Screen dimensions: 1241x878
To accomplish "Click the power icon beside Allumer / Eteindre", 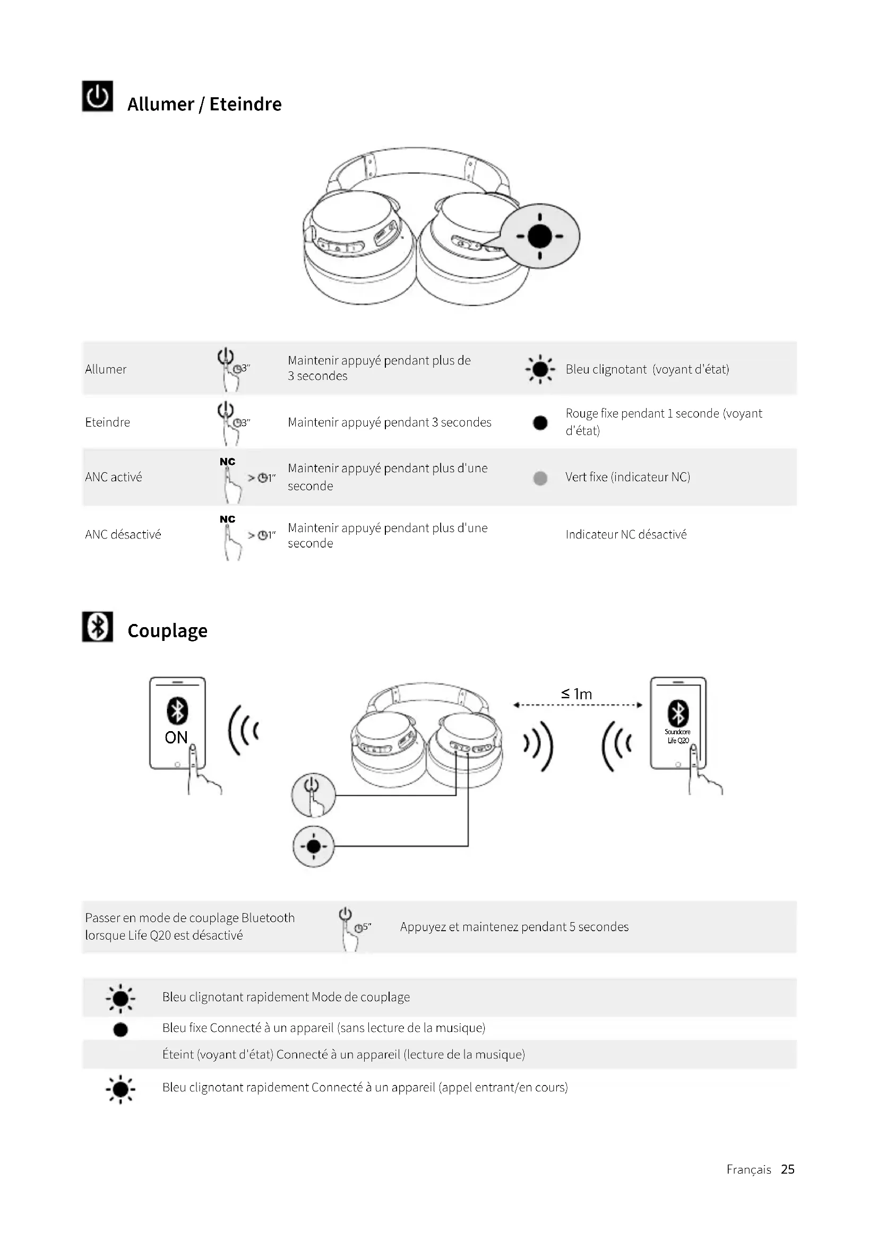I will coord(97,96).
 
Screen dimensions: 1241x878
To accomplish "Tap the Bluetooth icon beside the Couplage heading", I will coord(97,627).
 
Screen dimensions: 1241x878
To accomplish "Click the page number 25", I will coord(788,1169).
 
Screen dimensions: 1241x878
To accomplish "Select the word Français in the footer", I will coord(749,1170).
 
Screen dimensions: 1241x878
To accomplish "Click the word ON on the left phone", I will coord(176,738).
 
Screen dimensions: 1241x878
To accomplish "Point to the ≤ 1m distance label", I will coord(577,694).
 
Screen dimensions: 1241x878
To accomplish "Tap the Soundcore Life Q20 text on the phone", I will coord(677,736).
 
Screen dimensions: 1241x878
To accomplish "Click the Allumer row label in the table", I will coord(106,369).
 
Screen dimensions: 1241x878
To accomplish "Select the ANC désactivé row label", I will coord(123,535).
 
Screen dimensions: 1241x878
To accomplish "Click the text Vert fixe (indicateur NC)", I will coord(627,477).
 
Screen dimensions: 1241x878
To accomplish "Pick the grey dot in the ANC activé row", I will coord(540,478).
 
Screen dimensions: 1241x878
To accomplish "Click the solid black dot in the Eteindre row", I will coord(540,423).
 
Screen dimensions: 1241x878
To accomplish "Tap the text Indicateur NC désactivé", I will coord(626,535).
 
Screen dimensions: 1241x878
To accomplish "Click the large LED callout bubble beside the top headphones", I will coord(539,236).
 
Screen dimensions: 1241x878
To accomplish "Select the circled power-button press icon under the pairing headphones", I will coord(314,795).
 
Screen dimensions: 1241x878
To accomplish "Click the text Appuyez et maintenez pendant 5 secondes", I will coord(514,927).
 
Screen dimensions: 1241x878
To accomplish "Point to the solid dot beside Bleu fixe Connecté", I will coord(120,1030).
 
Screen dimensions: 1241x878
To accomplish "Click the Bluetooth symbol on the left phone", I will coord(177,711).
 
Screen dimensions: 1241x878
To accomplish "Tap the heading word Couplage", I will coord(168,631).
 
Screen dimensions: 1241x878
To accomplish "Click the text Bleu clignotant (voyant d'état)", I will coord(647,369).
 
